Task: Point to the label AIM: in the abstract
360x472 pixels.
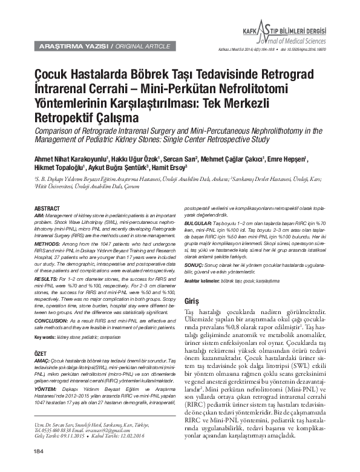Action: [x=39, y=215]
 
